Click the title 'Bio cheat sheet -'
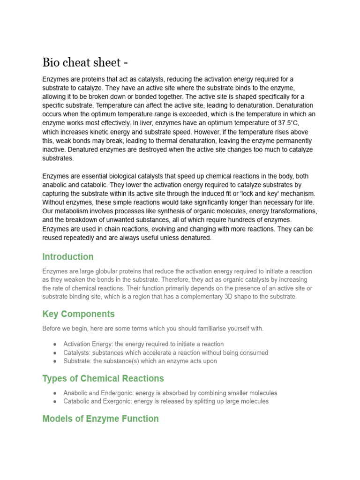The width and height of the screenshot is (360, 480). (x=85, y=62)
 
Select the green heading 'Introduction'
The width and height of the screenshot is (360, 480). (x=68, y=257)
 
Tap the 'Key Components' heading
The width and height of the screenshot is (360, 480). (x=78, y=314)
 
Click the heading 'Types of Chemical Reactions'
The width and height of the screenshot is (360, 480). (x=103, y=378)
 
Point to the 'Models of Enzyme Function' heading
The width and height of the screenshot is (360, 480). (x=100, y=419)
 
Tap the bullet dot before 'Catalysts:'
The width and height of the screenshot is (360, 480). (x=55, y=353)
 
